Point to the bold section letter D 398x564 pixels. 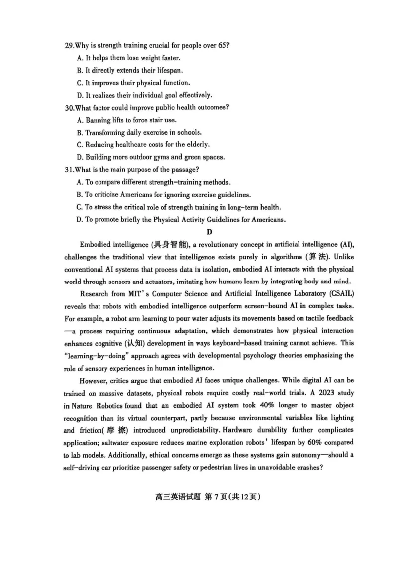point(210,232)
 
